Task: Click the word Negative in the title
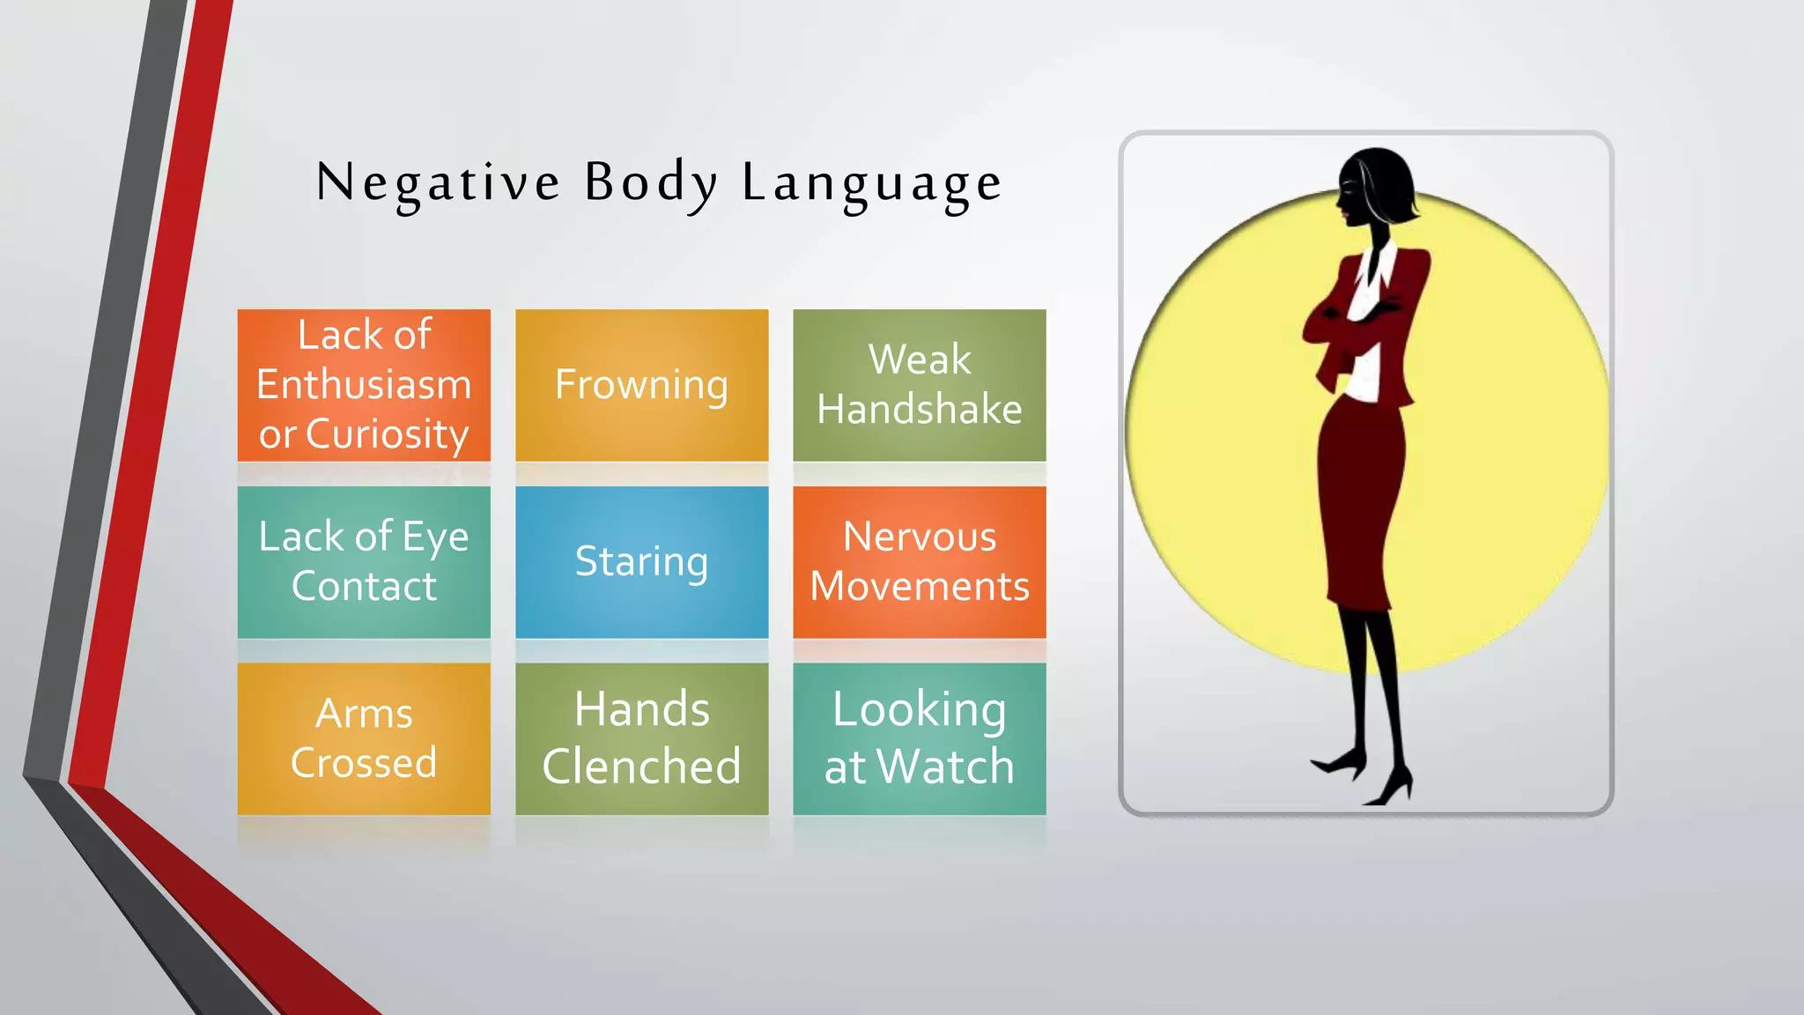438,183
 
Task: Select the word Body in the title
651,183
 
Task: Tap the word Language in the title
871,183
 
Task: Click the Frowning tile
641,385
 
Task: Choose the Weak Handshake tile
920,385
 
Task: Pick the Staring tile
641,562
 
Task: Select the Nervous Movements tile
920,562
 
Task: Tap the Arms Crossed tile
364,738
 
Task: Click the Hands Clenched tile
641,738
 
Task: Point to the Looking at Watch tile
920,738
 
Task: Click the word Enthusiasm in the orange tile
364,385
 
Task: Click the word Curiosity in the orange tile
387,434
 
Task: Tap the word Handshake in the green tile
920,410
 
